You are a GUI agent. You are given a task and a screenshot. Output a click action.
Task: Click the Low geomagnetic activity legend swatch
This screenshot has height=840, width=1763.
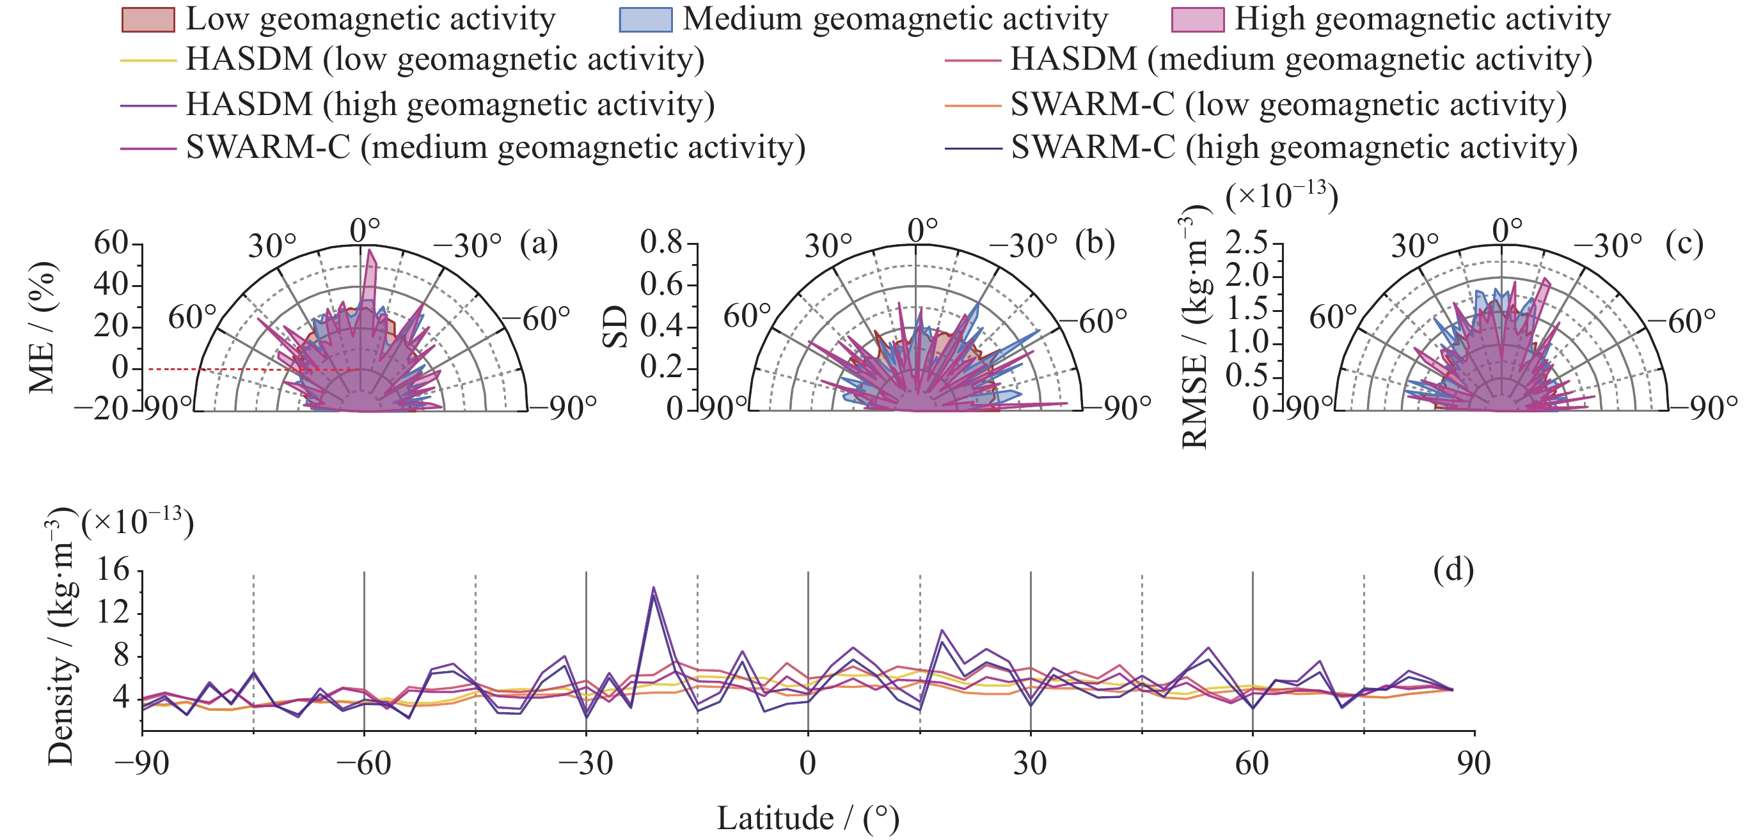(147, 20)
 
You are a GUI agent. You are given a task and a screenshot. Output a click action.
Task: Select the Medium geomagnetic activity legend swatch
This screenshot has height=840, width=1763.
(645, 20)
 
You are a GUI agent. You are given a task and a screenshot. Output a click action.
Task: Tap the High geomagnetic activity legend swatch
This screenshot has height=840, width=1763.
(1197, 20)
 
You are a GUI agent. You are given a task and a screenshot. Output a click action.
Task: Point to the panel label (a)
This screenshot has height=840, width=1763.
(539, 244)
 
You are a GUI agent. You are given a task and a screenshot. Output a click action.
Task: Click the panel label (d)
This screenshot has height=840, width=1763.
(1453, 569)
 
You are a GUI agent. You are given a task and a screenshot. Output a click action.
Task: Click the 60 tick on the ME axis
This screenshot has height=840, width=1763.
(110, 244)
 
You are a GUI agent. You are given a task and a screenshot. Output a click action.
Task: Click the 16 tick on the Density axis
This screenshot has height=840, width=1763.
(113, 570)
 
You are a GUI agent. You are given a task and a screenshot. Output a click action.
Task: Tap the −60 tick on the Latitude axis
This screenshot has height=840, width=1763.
(363, 763)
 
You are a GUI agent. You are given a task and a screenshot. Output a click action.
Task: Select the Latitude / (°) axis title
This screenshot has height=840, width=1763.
(807, 818)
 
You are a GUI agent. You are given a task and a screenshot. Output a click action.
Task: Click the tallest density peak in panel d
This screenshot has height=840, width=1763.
(654, 588)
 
